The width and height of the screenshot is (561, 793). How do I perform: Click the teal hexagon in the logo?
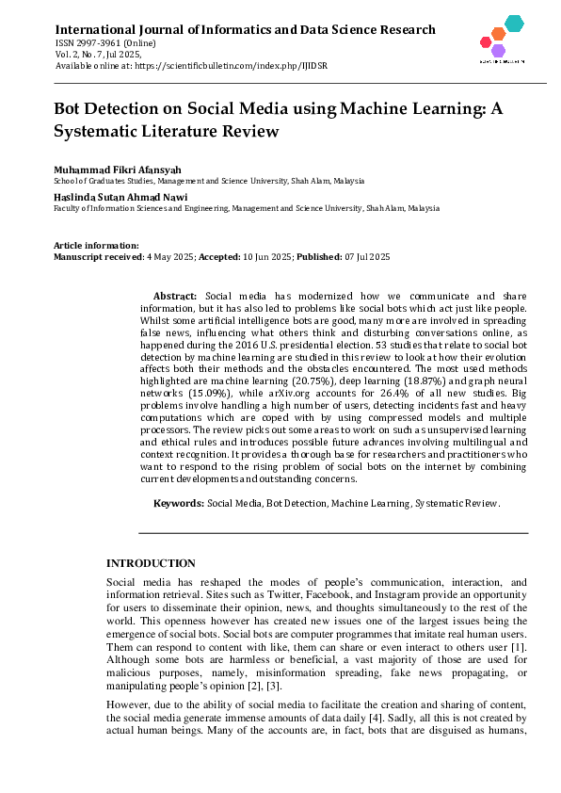(513, 24)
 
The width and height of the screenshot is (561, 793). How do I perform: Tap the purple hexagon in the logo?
(498, 50)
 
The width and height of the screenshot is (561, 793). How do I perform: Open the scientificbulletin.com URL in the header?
(230, 66)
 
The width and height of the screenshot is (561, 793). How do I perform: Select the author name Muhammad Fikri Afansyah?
(111, 169)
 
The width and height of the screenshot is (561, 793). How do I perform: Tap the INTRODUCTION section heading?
(151, 562)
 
